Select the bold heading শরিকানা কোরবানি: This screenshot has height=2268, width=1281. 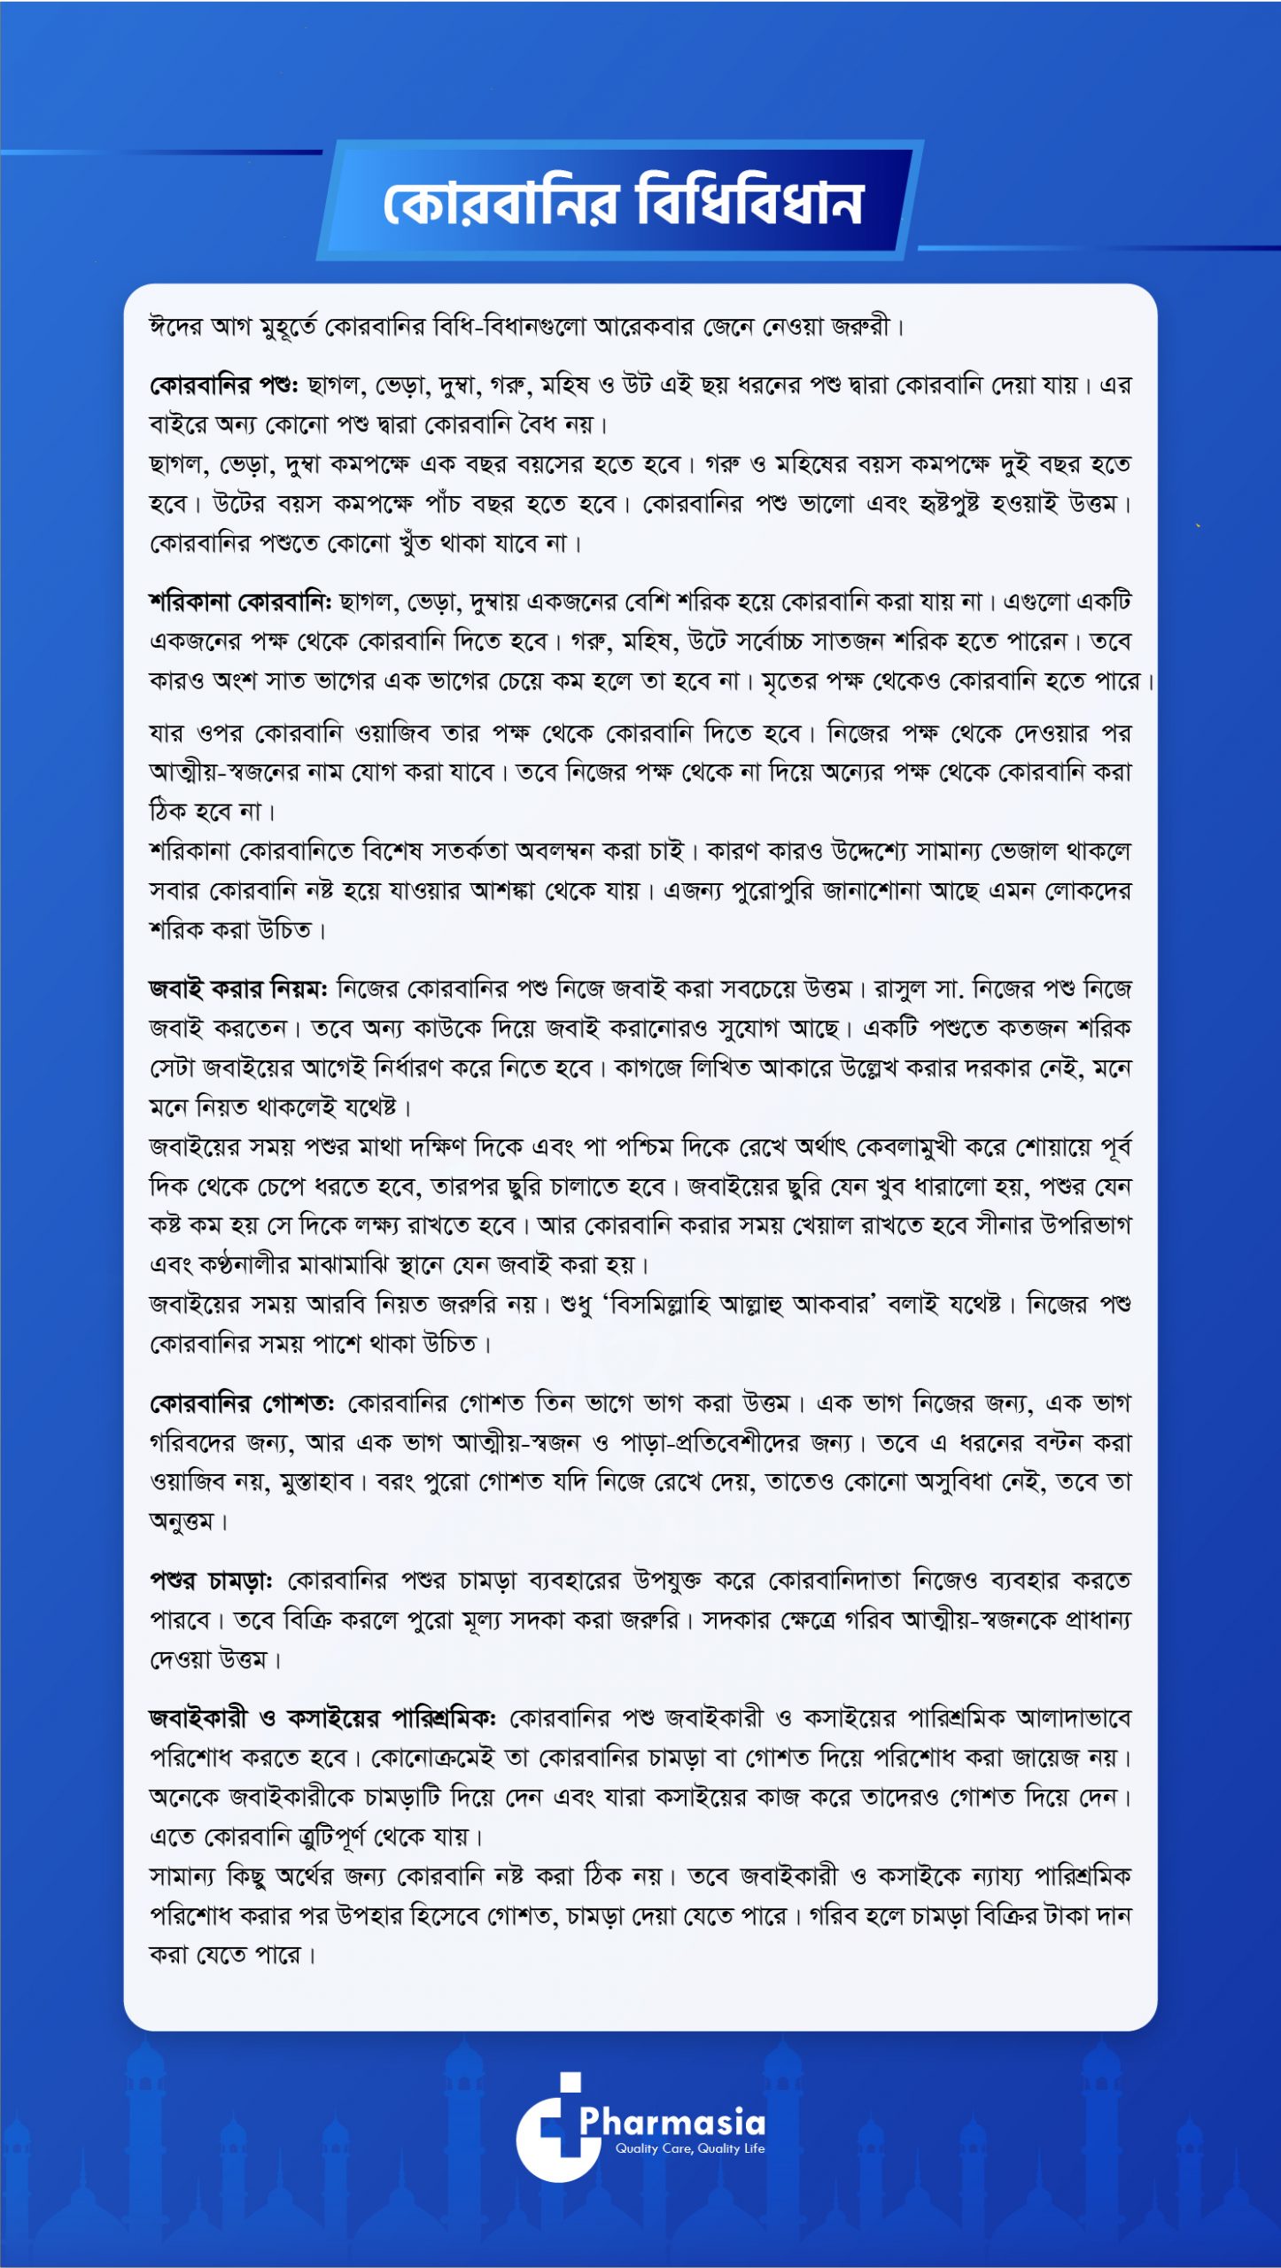pos(239,602)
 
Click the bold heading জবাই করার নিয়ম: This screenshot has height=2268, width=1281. pos(238,988)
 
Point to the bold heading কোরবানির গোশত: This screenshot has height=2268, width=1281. pos(241,1403)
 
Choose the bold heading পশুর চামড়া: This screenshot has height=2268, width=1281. pos(211,1581)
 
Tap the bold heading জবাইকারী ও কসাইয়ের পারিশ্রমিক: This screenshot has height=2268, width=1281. pos(322,1719)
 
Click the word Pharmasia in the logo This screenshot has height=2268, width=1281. pos(672,2122)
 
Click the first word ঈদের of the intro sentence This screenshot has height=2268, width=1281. pos(175,327)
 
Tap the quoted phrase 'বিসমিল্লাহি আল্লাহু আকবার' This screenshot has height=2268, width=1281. pos(740,1304)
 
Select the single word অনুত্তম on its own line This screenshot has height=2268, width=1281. pos(182,1521)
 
